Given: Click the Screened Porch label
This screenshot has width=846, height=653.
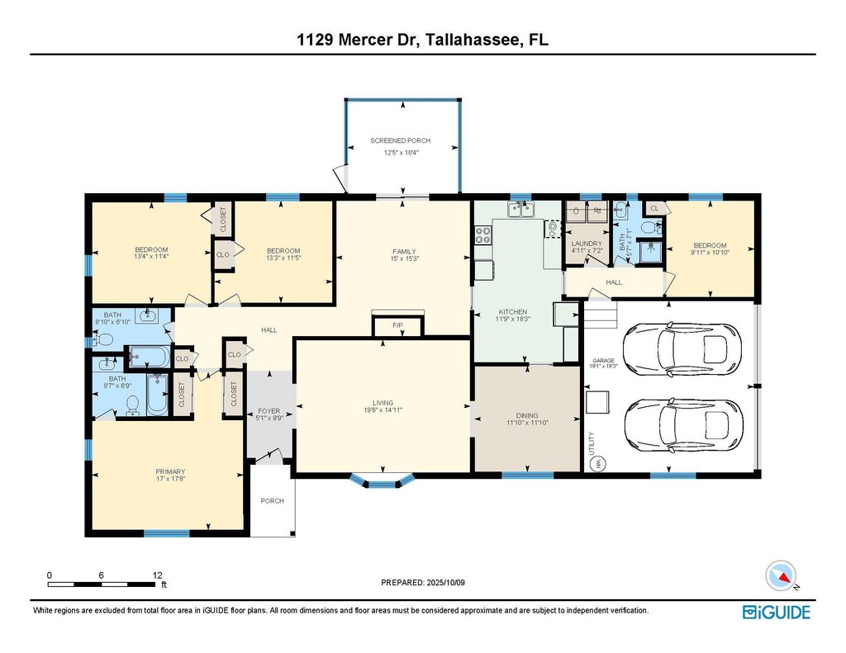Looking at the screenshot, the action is coord(401,140).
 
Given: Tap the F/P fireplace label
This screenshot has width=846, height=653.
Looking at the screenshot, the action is coord(398,325).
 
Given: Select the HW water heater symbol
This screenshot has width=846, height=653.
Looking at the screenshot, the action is coord(597,464).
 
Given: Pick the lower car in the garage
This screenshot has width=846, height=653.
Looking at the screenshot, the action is coord(683,424).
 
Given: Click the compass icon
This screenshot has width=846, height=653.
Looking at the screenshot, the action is coord(781,575).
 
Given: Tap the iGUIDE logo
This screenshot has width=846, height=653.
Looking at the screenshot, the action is coord(777,613).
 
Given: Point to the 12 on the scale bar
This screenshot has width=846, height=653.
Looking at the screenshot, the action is coord(157,575).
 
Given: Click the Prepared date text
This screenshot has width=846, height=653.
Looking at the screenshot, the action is coord(423,583).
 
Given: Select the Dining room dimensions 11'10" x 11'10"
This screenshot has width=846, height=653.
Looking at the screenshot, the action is coord(527,423).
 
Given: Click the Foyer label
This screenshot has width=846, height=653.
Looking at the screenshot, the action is coord(269,411).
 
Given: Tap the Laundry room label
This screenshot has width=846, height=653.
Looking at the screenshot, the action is coord(587,244).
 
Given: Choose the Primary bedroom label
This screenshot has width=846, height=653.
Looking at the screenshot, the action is coord(170,472).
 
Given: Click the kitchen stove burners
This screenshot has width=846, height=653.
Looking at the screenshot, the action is coord(482,235).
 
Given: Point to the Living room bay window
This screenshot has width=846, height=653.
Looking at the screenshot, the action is coord(383,480).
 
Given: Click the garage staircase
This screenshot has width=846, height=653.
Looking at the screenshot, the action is coord(600,315).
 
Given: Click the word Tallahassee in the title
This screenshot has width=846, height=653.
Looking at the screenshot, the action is coord(472,40).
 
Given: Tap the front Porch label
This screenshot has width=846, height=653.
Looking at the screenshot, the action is coord(272,501).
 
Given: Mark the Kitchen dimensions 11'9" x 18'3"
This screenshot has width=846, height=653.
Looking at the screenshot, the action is coord(512,319).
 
